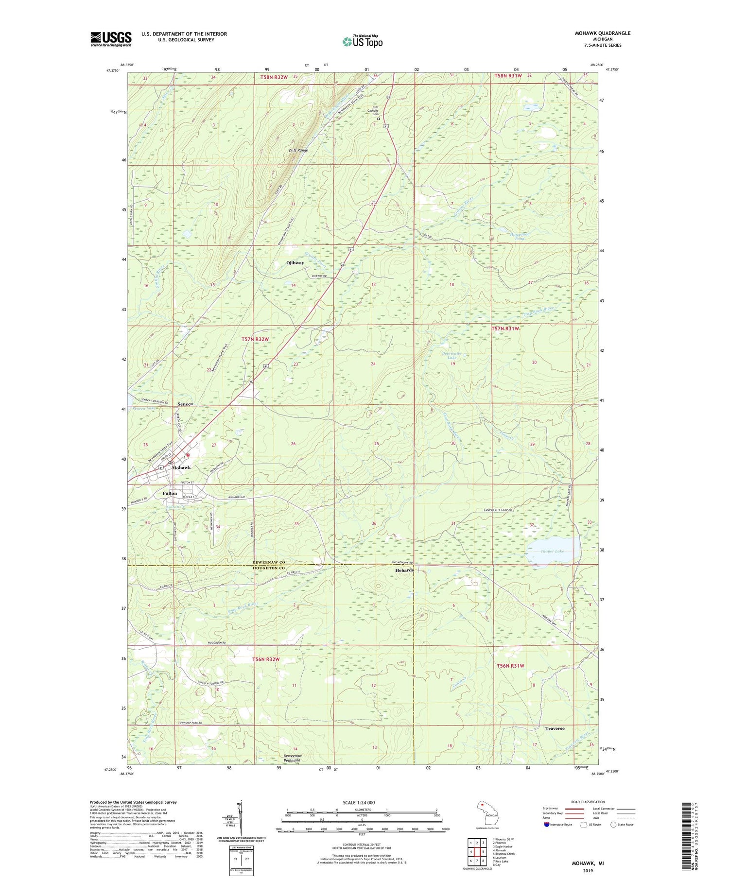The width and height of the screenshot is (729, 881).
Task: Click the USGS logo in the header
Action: click(x=111, y=39)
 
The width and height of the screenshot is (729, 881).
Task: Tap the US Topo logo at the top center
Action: click(x=362, y=41)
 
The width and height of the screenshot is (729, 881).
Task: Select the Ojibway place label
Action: click(x=295, y=263)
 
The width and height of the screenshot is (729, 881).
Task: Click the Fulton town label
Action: click(x=170, y=493)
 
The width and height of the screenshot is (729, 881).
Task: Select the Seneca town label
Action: click(x=185, y=404)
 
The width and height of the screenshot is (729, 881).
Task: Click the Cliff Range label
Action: click(x=298, y=150)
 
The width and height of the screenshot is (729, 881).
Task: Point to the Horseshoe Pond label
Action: click(x=520, y=236)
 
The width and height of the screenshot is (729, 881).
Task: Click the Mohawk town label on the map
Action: click(x=181, y=467)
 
